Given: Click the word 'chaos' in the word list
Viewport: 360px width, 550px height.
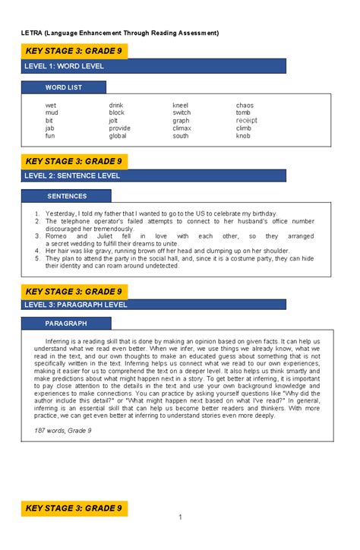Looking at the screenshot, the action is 245,105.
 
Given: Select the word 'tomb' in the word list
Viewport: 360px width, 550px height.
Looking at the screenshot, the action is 243,112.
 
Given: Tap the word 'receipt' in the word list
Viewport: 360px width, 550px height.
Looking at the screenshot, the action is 247,120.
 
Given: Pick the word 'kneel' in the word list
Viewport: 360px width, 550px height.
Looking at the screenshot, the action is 180,105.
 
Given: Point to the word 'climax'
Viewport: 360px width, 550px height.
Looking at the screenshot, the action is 182,128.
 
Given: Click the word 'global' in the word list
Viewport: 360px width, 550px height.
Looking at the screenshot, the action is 118,135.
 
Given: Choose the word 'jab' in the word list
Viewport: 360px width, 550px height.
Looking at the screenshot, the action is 49,128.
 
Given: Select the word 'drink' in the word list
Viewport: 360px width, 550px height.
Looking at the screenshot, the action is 116,105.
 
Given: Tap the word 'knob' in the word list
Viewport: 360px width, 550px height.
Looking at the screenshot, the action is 243,135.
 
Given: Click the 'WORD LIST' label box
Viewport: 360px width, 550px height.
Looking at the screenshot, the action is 64,87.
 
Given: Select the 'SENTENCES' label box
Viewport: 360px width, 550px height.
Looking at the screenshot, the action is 66,196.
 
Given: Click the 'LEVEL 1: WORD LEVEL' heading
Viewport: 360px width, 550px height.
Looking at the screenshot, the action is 64,67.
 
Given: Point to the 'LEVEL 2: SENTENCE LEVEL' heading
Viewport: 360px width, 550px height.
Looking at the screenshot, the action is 73,175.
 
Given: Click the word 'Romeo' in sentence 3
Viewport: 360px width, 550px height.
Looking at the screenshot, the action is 56,236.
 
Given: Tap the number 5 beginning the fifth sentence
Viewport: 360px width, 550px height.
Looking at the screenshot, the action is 37,258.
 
